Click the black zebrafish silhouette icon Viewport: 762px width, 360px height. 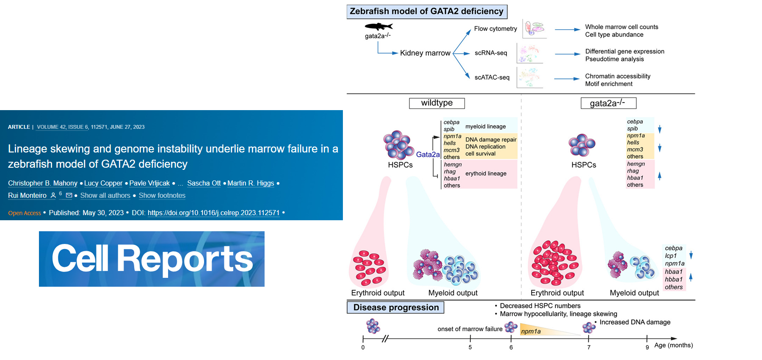tap(378, 27)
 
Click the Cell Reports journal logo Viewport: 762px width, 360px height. tap(152, 259)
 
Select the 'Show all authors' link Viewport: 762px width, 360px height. tap(105, 196)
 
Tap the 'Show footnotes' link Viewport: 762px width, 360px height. tap(162, 196)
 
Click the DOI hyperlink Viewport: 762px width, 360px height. tap(213, 213)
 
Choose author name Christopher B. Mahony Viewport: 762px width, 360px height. tap(43, 183)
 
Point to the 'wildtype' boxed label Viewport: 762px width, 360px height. tap(437, 103)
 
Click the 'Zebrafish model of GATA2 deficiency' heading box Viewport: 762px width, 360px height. tap(427, 11)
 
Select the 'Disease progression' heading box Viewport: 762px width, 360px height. tap(396, 307)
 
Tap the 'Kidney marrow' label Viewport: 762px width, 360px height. tap(425, 53)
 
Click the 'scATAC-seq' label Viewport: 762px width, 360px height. tap(492, 78)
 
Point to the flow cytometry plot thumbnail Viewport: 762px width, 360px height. tap(534, 28)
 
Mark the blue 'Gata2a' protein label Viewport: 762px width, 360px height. tap(428, 155)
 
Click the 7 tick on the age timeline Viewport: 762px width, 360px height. tap(589, 339)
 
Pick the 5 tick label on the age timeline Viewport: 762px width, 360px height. tap(470, 347)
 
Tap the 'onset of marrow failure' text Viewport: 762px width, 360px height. tap(470, 329)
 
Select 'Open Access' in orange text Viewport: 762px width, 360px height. tap(25, 213)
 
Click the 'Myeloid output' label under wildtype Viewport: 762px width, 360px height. tap(453, 293)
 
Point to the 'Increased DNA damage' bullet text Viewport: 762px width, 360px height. tap(635, 322)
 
